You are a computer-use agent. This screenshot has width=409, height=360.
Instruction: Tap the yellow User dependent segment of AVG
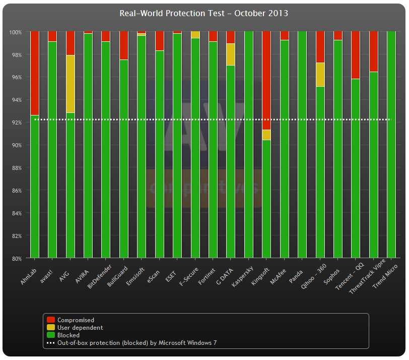coord(71,84)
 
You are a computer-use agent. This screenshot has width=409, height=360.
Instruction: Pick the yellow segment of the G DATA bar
coord(230,54)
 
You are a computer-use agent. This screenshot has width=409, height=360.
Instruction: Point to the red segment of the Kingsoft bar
coord(266,80)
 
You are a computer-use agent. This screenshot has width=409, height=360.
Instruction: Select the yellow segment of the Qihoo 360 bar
coord(320,75)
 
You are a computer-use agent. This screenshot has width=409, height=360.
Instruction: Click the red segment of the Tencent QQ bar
coord(356,55)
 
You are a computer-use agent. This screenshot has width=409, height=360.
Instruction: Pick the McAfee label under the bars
coord(277,271)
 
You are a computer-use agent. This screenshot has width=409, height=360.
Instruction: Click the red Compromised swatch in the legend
coord(51,320)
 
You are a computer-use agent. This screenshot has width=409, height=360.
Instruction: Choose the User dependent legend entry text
coord(80,327)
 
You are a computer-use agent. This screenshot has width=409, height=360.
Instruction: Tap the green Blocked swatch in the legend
coord(51,335)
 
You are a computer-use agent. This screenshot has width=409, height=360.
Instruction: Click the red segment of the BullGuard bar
coord(123,45)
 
